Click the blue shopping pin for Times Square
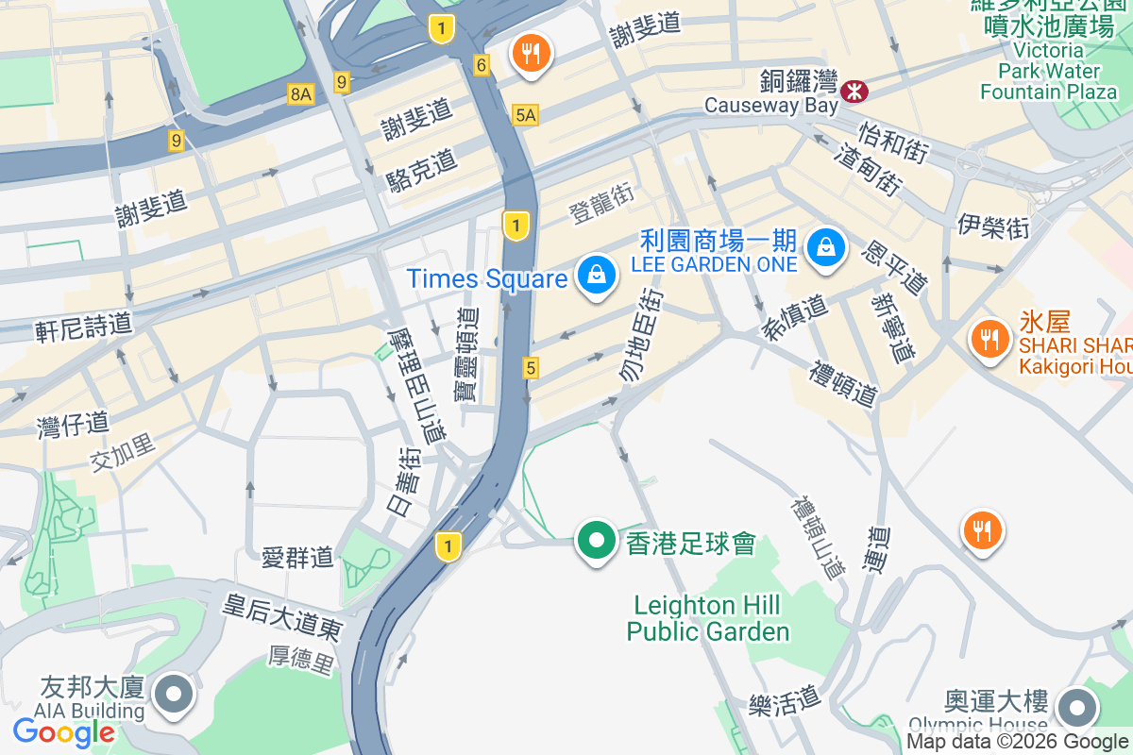[597, 276]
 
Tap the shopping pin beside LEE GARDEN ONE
[826, 248]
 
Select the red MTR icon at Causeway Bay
[854, 90]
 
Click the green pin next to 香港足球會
[597, 542]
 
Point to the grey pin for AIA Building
[174, 695]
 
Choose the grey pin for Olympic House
[1077, 707]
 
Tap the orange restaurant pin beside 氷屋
[989, 337]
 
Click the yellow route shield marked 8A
[300, 93]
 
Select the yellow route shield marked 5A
[526, 115]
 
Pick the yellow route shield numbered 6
[482, 65]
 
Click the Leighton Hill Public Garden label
[708, 618]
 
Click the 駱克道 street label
[421, 171]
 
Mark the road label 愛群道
[297, 557]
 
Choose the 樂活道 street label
[784, 700]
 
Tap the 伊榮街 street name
[992, 226]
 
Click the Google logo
[63, 731]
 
